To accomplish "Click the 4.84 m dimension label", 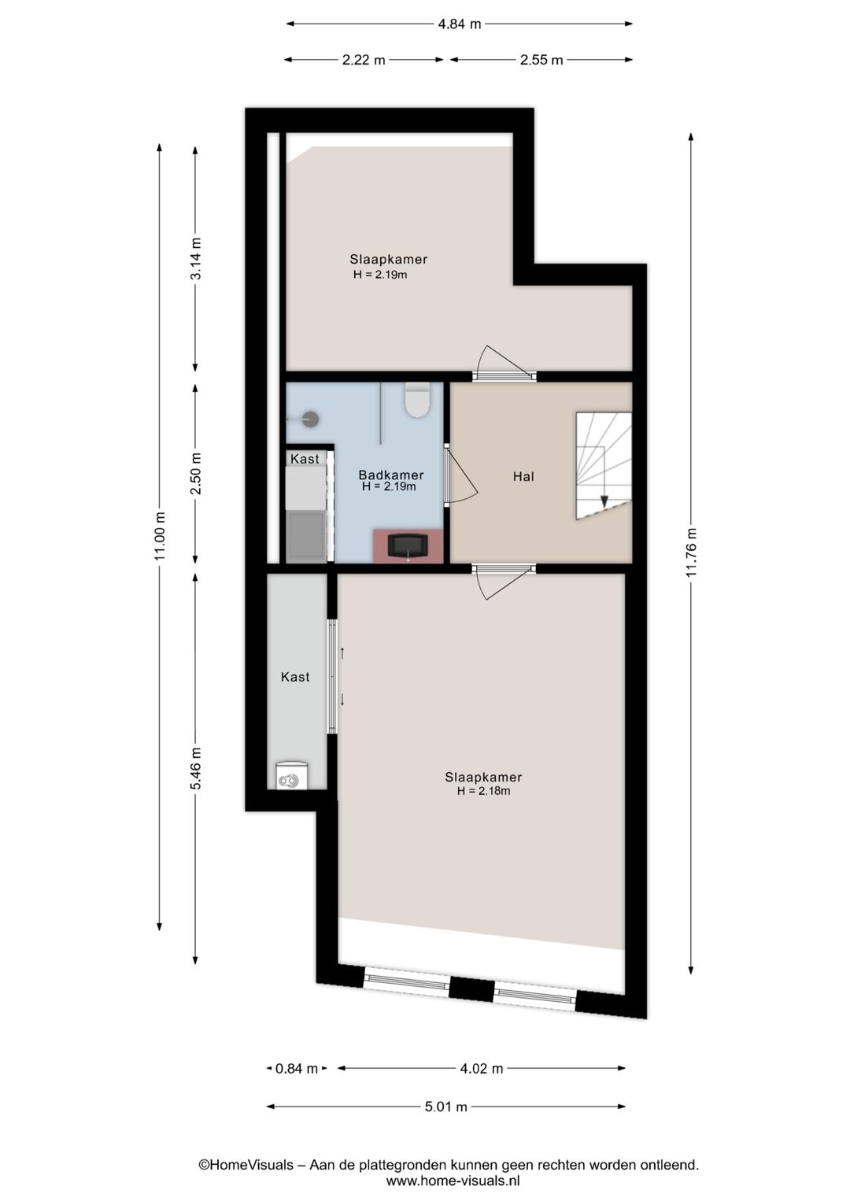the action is (459, 24).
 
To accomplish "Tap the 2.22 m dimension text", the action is (364, 60).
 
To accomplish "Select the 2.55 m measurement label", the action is (541, 60).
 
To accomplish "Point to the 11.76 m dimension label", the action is (691, 552).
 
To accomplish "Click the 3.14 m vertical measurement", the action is (196, 258).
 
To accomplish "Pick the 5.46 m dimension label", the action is (196, 768).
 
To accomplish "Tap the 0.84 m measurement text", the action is (297, 1069).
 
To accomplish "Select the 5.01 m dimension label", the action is (445, 1107).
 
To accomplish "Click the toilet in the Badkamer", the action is (418, 401).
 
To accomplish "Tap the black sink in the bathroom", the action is (408, 546).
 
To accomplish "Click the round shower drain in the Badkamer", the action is (311, 419).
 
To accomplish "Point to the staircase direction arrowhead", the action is (604, 501).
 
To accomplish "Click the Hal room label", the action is (523, 477).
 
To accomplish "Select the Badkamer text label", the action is (391, 475).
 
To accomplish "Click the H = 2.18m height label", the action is (483, 791).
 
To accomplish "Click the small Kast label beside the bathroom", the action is (305, 459).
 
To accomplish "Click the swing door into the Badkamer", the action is (460, 475).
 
